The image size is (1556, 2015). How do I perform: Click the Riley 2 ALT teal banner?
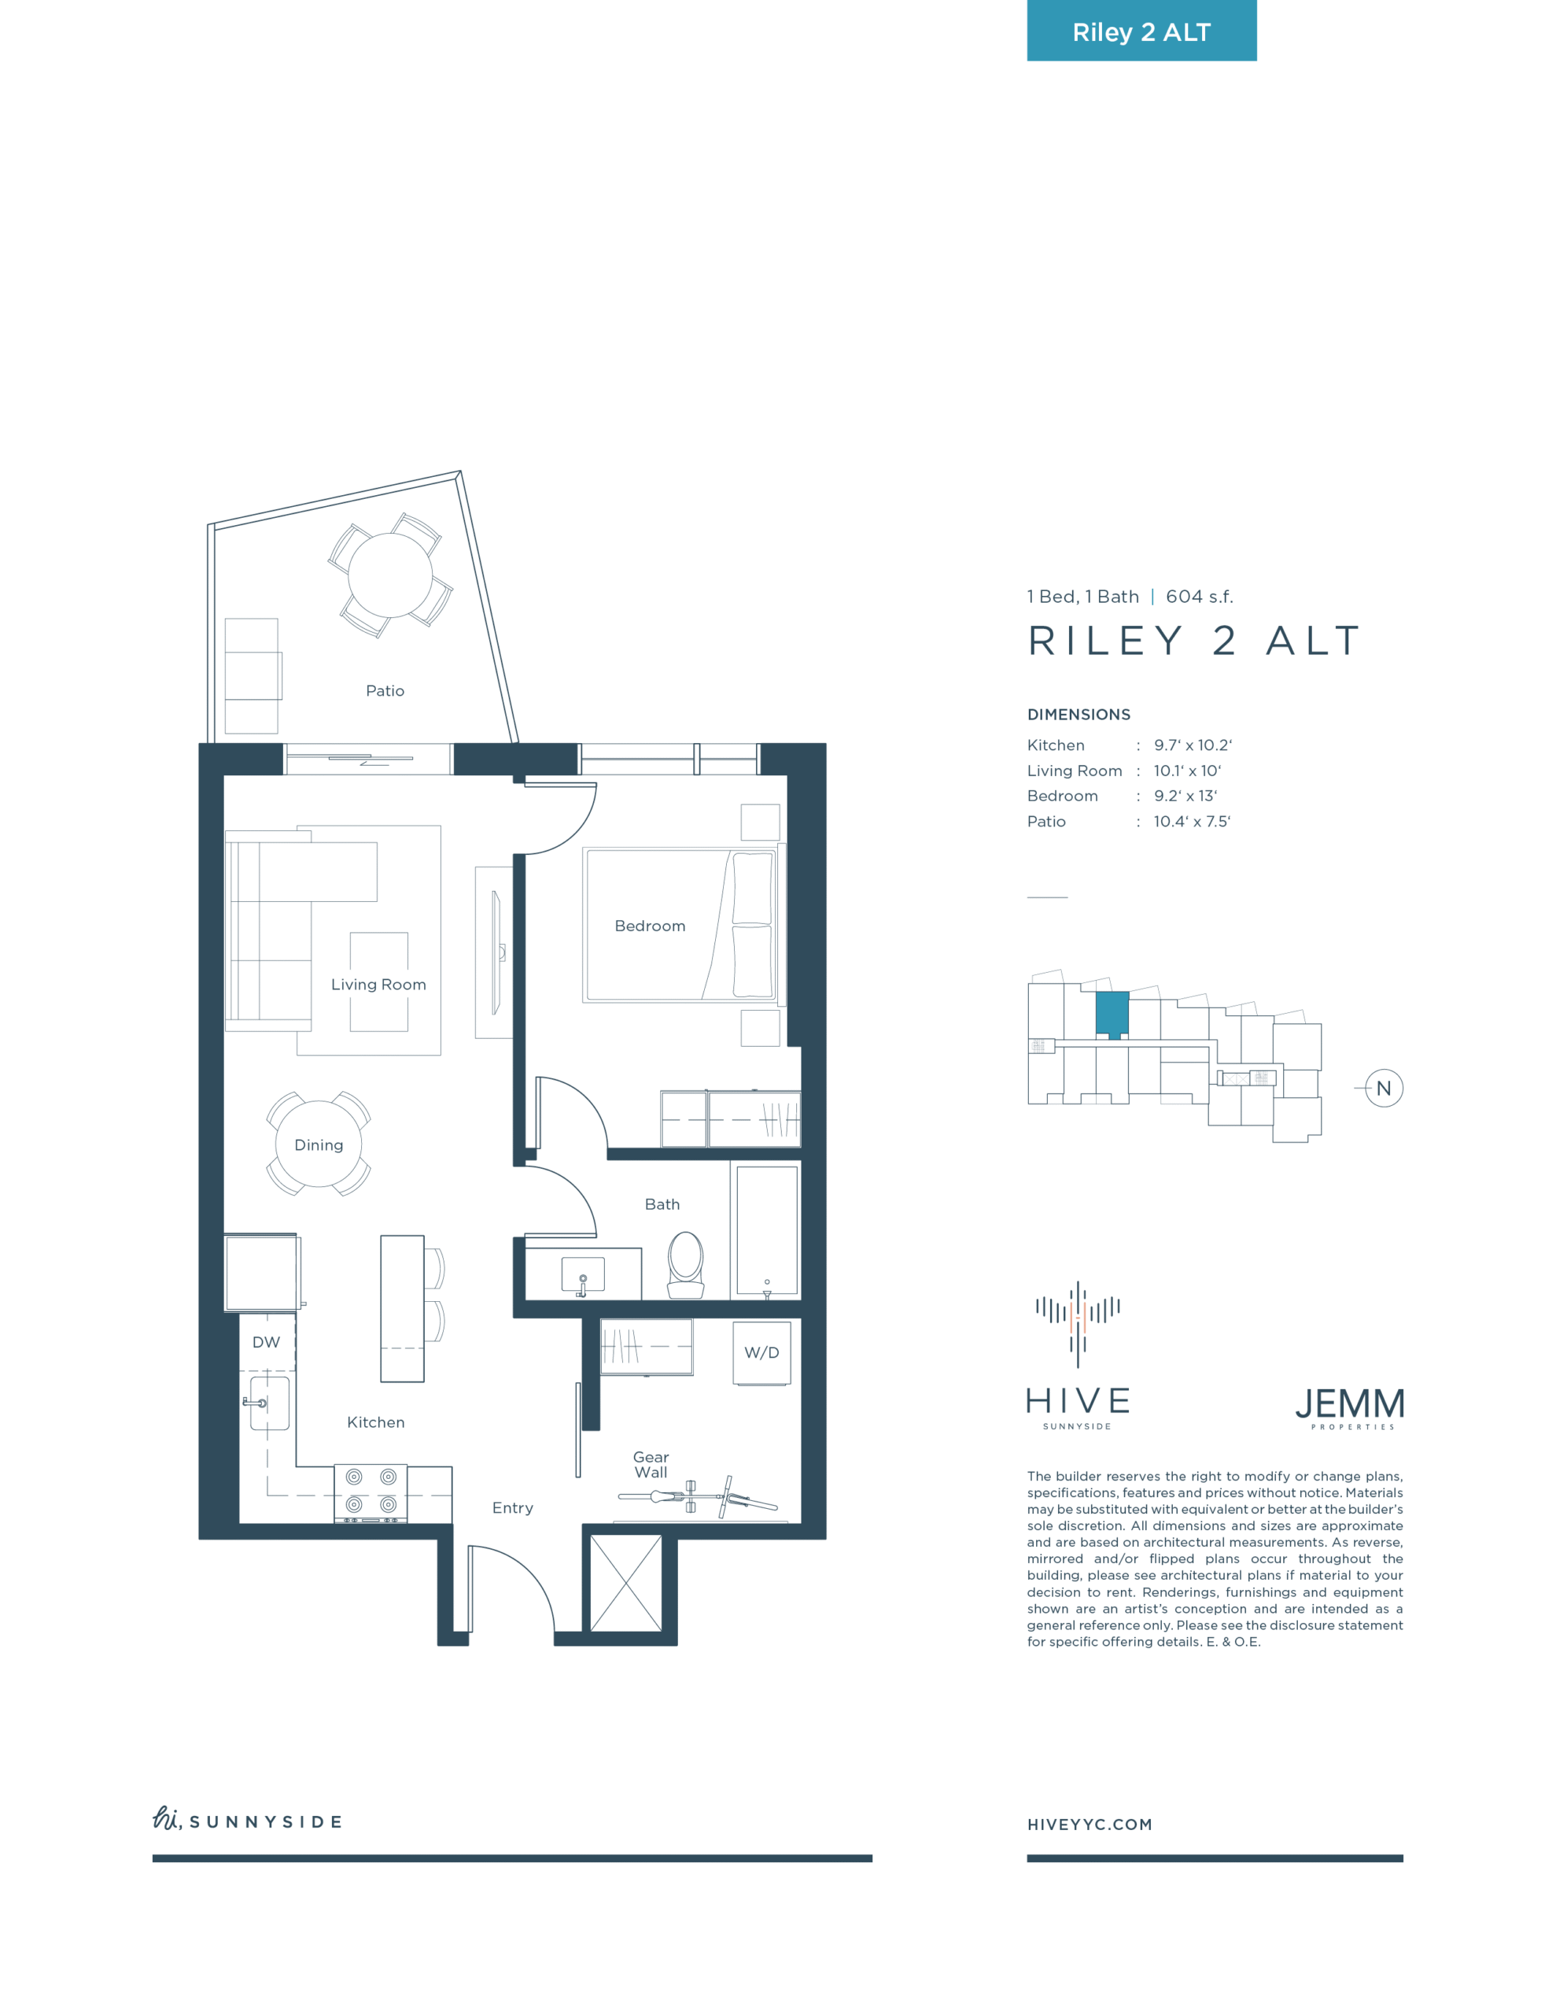point(1141,31)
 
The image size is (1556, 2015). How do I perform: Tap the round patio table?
point(390,575)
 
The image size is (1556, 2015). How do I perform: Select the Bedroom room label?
point(651,926)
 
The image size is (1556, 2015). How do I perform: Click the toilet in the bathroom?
point(685,1264)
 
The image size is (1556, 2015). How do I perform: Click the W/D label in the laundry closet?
point(761,1352)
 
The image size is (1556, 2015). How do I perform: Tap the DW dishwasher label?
point(266,1342)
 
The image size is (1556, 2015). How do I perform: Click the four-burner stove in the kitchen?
point(371,1494)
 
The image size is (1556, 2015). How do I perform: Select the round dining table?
point(319,1144)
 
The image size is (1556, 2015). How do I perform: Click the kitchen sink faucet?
point(255,1403)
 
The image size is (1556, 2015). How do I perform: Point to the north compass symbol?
point(1384,1089)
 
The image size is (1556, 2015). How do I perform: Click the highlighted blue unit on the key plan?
point(1112,1015)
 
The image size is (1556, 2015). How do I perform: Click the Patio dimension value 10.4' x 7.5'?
point(1192,821)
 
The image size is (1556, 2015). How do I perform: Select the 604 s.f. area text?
point(1199,597)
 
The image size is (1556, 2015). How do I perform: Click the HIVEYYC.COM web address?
point(1090,1824)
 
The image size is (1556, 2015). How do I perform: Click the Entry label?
point(513,1507)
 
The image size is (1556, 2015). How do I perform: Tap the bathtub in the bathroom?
point(766,1231)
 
